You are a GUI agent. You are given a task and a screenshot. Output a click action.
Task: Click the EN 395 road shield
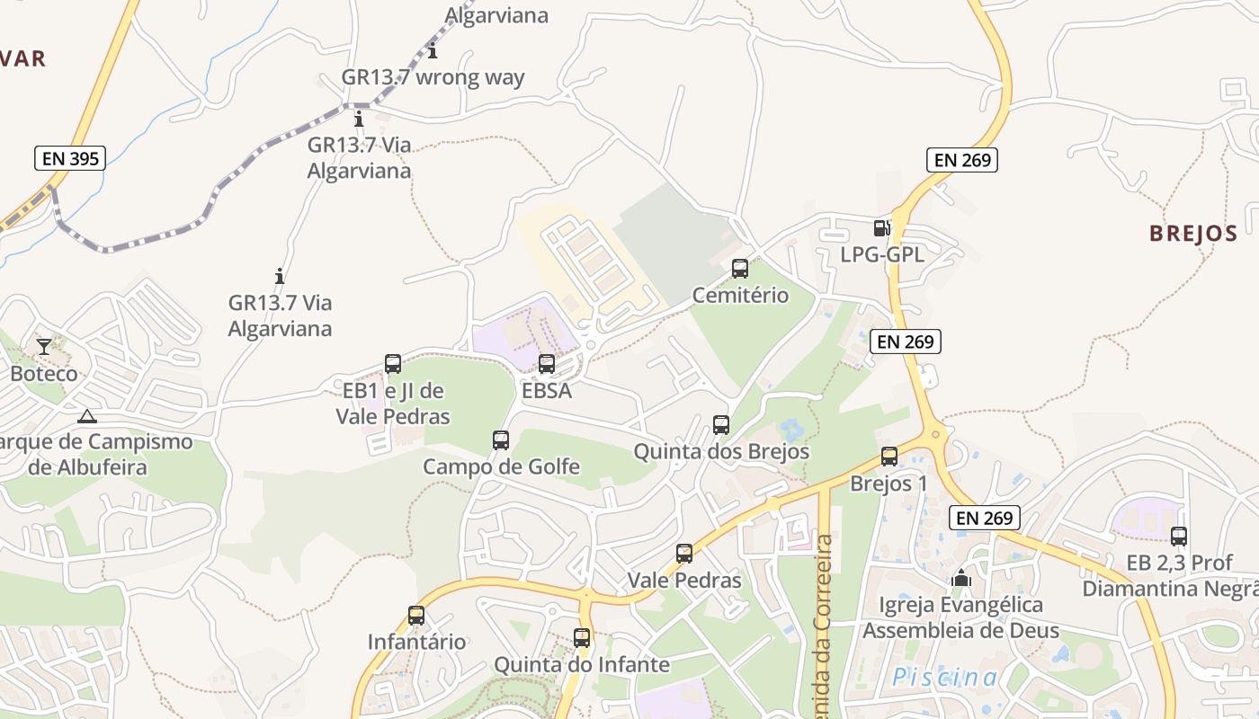coord(70,159)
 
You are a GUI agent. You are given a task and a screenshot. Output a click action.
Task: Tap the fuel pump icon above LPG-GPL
coord(881,228)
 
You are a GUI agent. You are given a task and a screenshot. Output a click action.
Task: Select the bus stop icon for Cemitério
coord(740,268)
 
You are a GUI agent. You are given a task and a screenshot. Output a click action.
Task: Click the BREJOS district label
coord(1193,234)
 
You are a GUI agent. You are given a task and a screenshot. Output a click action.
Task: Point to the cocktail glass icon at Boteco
coord(43,346)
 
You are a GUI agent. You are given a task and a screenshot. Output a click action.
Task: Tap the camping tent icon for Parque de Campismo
coord(86,416)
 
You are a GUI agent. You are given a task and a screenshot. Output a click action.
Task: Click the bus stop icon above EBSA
coord(547,364)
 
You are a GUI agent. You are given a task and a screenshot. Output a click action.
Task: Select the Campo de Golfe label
coord(501,466)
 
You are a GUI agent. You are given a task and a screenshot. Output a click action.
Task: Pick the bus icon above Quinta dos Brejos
coord(721,424)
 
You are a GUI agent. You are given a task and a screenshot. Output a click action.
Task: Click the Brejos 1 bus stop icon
coord(889,457)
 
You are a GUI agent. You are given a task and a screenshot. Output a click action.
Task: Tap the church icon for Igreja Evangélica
coord(961,578)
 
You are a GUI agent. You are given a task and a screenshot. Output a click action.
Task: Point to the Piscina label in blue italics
coord(944,677)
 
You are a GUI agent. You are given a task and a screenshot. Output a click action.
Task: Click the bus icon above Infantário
coord(416,616)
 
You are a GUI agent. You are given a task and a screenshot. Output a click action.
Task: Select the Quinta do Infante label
coord(582,664)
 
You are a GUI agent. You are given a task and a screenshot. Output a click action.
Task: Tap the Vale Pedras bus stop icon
coord(684,554)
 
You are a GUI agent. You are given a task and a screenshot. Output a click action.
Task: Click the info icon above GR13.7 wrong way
coord(433,50)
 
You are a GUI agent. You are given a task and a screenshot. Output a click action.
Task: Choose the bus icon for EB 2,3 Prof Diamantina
coord(1179,537)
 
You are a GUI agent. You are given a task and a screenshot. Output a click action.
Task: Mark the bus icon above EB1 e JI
coord(393,364)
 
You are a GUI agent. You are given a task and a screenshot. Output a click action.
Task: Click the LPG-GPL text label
coord(881,254)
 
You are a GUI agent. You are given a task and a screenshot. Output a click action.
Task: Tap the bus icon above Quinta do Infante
coord(582,638)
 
